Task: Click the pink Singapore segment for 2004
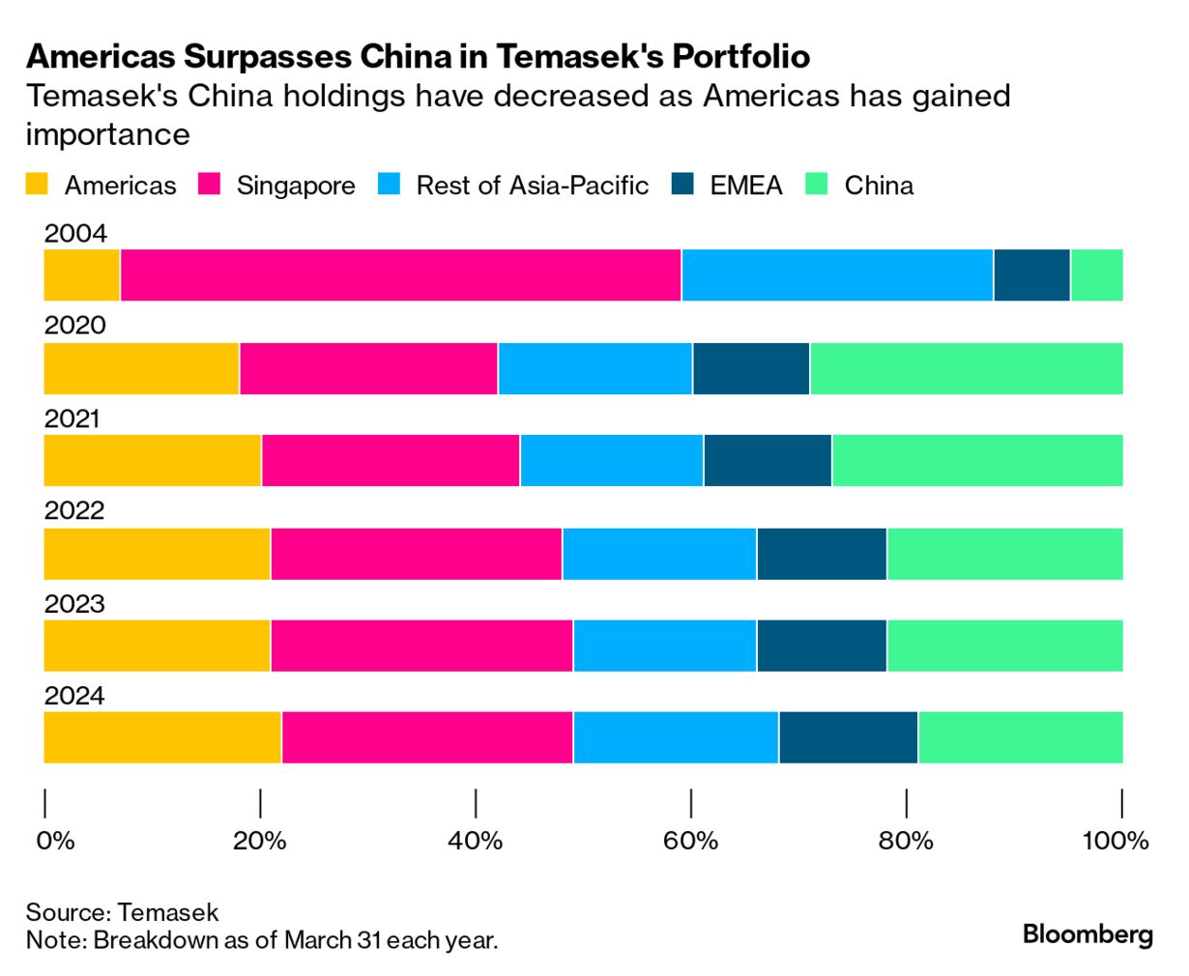tap(400, 275)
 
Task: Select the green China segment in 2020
tap(966, 368)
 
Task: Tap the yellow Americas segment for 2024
tap(162, 737)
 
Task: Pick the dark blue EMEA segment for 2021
tap(768, 461)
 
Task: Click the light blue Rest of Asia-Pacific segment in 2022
tap(659, 554)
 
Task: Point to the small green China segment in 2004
tap(1096, 275)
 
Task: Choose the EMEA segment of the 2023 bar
tap(822, 646)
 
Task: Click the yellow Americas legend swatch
tap(37, 185)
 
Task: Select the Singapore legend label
tap(296, 186)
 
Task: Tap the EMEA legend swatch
tap(682, 185)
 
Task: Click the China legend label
tap(879, 186)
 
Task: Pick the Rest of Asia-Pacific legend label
tap(532, 186)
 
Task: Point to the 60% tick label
tap(690, 841)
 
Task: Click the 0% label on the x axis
tap(55, 841)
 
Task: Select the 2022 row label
tap(74, 511)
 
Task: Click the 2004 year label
tap(74, 234)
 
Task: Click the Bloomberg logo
tap(1087, 934)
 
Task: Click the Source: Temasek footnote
tap(122, 912)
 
